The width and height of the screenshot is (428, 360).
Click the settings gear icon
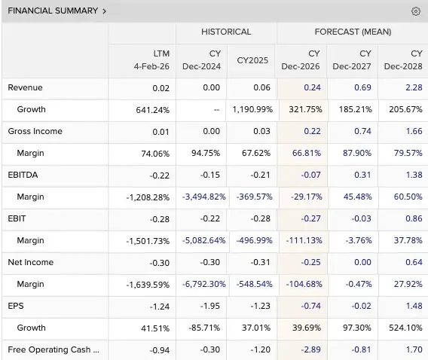[416, 11]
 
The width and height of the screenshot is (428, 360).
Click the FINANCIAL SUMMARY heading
[53, 11]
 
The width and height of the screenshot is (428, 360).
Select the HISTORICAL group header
[226, 32]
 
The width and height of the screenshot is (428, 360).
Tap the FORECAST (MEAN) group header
[353, 32]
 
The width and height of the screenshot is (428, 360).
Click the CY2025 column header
[252, 60]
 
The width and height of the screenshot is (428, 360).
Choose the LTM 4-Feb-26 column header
[151, 60]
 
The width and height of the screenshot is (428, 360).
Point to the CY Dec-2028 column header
[403, 60]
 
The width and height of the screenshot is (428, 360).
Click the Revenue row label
[25, 87]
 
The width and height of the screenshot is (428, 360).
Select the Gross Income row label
[35, 131]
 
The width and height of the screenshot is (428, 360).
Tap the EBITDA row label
[23, 175]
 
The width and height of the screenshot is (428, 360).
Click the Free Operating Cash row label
[53, 349]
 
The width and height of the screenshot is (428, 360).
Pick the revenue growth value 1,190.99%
[252, 110]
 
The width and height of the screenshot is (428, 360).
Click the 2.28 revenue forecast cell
[414, 87]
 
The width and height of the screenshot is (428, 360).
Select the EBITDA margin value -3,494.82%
[203, 197]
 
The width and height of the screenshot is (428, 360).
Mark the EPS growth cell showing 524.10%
[405, 328]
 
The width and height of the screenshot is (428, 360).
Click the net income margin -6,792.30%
[204, 284]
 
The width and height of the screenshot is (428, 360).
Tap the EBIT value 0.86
[414, 218]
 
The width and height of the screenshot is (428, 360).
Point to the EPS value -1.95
[209, 306]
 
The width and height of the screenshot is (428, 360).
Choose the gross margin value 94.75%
[206, 154]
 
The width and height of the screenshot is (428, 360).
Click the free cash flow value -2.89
[310, 349]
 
